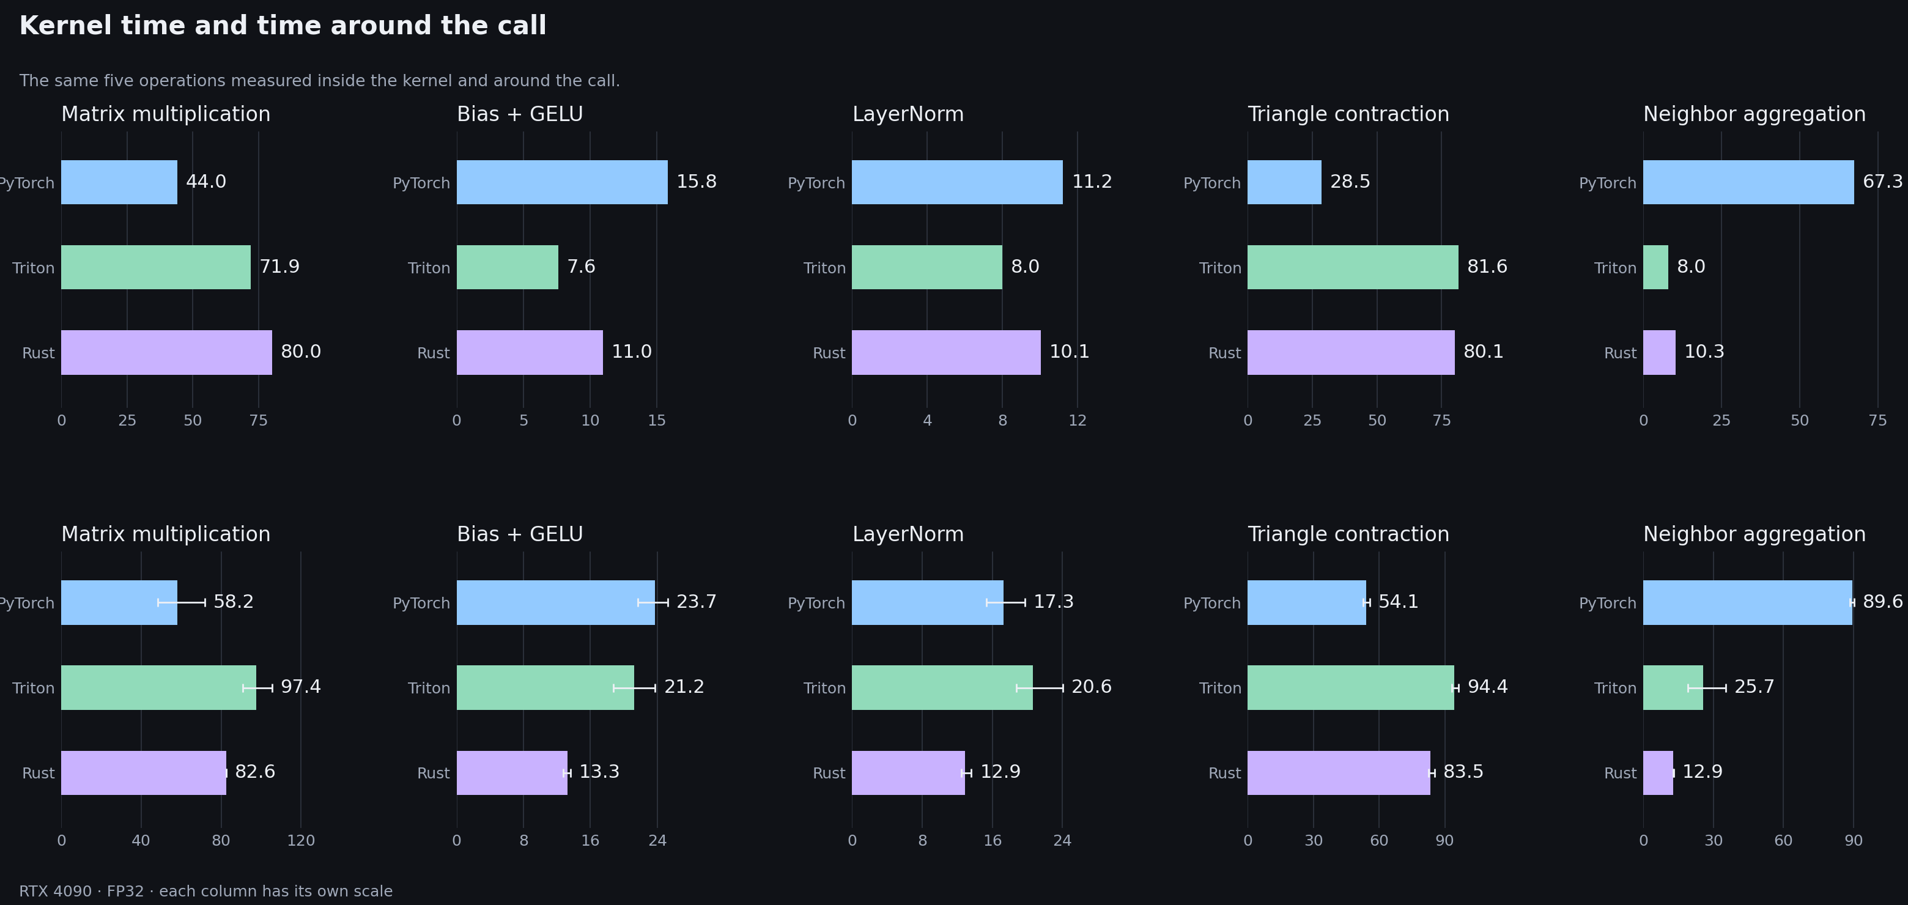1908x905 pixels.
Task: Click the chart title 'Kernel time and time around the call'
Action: point(283,26)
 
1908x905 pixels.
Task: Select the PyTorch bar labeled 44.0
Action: point(119,182)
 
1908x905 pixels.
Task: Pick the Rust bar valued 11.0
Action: point(530,352)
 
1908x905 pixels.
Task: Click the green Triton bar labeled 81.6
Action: point(1353,267)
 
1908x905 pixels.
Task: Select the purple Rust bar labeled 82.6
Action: point(144,773)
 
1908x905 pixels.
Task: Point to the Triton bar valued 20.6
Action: point(942,688)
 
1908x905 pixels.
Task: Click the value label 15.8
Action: point(697,182)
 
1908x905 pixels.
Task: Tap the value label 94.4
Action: point(1487,687)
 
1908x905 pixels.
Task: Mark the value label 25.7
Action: point(1754,687)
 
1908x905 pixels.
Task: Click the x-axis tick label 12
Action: point(1078,421)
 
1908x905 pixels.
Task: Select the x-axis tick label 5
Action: point(523,421)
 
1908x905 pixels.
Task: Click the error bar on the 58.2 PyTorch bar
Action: point(182,603)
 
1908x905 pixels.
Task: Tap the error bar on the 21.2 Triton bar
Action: point(634,688)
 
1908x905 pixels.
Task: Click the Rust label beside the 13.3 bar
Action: point(434,773)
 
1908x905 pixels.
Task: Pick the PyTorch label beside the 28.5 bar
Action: point(1211,183)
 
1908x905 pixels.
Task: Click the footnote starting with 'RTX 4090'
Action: point(206,892)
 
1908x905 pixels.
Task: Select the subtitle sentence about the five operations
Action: point(320,81)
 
